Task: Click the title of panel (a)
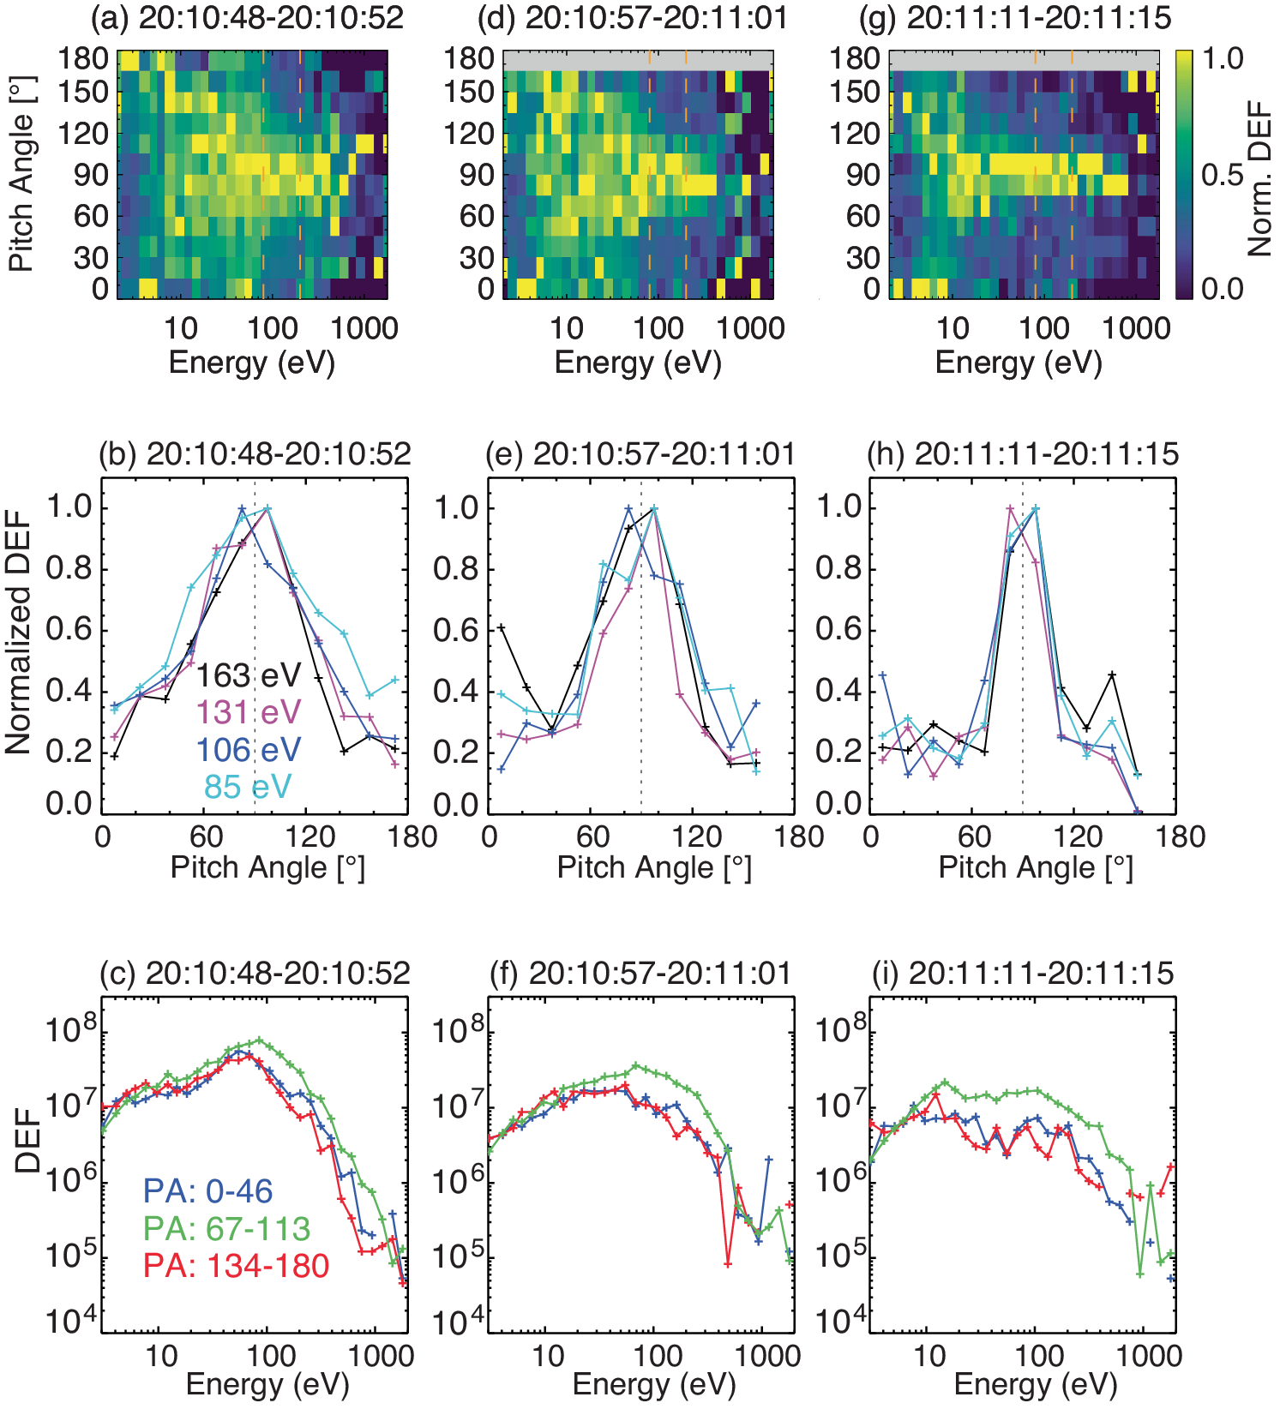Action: tap(247, 17)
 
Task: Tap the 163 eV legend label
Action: tap(249, 675)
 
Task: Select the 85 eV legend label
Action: tap(248, 786)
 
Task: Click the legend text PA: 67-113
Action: tap(226, 1228)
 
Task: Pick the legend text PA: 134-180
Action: tap(236, 1266)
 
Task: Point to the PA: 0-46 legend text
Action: tap(207, 1190)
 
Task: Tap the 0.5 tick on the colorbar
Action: tap(1221, 174)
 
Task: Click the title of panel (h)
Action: tap(1023, 453)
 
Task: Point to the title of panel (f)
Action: tap(640, 973)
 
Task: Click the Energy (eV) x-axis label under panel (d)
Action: tap(638, 363)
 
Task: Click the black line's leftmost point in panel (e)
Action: tap(502, 627)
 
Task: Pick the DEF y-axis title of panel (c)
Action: tap(27, 1140)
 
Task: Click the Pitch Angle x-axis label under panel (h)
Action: tap(1036, 867)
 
